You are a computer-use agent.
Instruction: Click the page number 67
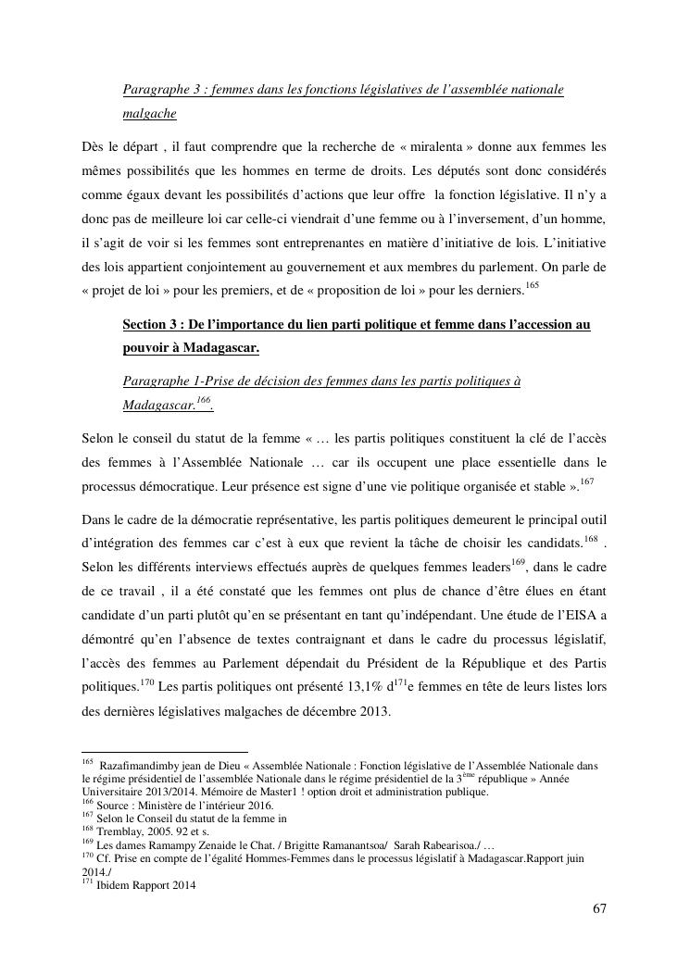point(599,908)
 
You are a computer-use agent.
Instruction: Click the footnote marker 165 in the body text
point(531,284)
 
